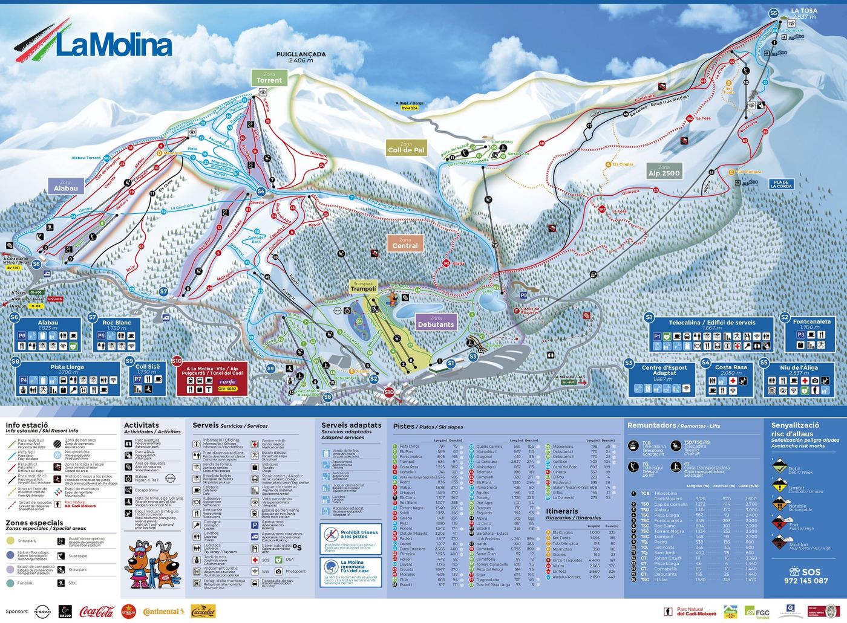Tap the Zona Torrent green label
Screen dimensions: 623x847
269,77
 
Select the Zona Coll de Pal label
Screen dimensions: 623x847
406,147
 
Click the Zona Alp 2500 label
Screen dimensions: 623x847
664,170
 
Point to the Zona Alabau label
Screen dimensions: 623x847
65,186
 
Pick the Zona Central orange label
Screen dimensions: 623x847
405,243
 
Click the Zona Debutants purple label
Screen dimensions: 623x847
435,321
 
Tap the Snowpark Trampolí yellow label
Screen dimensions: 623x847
363,286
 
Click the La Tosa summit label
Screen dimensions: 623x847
803,13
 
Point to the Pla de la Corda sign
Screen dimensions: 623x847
781,184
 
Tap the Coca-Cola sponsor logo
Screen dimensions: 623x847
97,612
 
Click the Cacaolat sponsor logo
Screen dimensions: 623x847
203,612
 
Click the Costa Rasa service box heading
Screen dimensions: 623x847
731,367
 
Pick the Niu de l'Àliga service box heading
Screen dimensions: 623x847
799,367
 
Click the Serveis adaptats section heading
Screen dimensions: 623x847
351,425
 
